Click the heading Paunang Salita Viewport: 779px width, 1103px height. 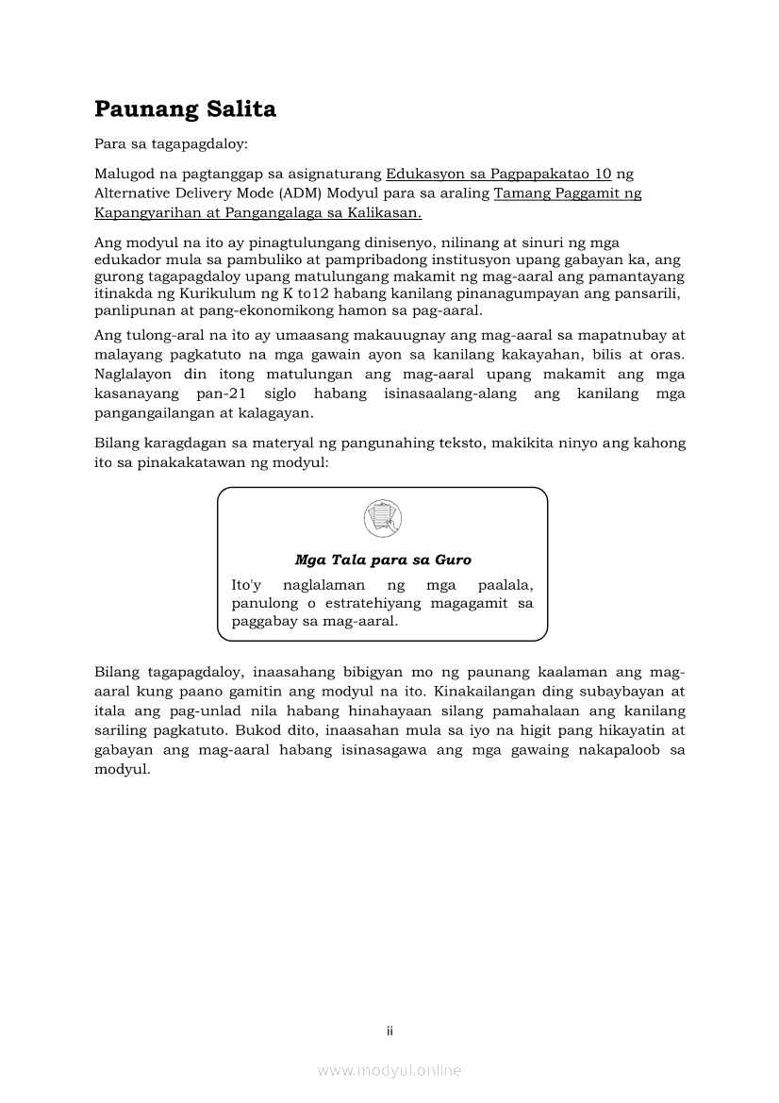click(185, 109)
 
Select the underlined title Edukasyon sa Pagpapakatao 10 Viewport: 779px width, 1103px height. click(499, 174)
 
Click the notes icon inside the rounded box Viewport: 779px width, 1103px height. click(382, 518)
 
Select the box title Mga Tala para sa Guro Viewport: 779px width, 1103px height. click(383, 560)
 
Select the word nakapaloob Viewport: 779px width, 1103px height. click(600, 749)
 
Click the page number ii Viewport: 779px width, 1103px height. click(389, 1030)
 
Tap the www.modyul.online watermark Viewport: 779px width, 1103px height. click(389, 1070)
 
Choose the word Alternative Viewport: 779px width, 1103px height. click(137, 193)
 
